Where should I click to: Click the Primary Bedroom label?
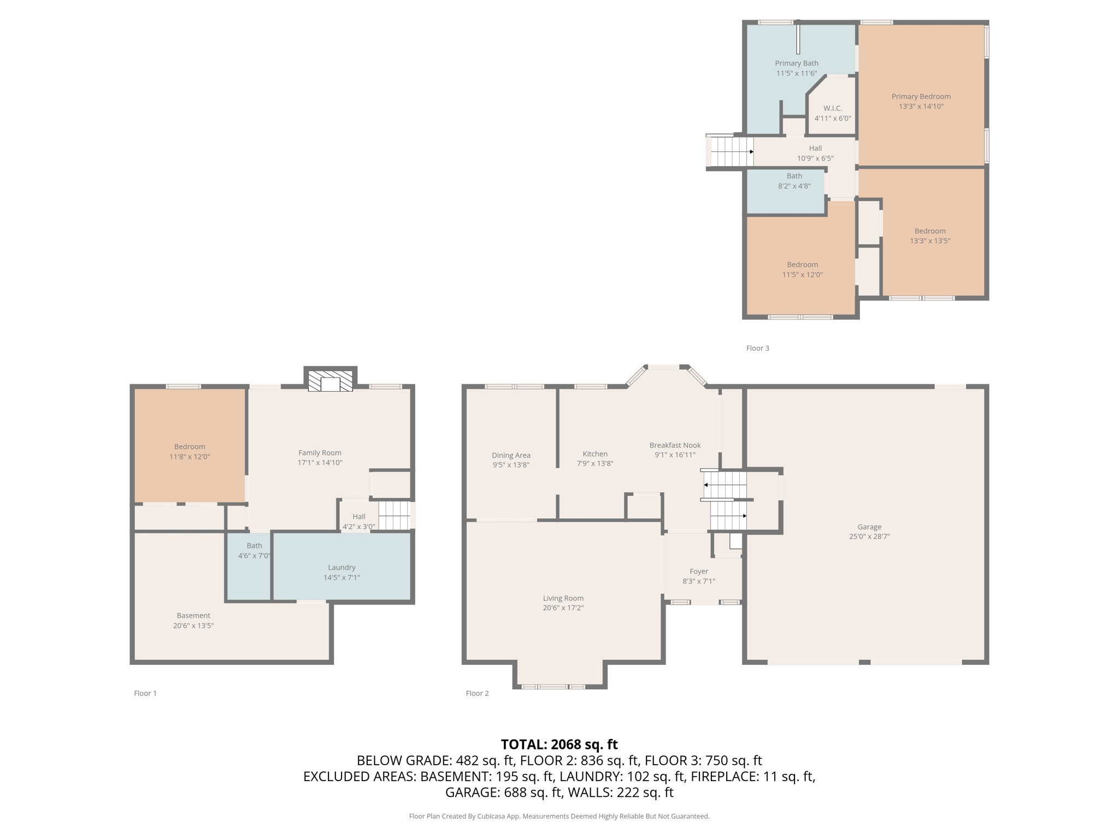[x=921, y=97]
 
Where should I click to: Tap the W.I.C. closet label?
[x=832, y=108]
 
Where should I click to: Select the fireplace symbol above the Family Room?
[x=330, y=381]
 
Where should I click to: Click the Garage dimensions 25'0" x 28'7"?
[x=869, y=536]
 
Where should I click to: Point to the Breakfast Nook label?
[x=675, y=445]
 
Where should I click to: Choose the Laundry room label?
[x=341, y=568]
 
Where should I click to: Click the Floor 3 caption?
[x=757, y=348]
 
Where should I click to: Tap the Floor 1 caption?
[x=145, y=693]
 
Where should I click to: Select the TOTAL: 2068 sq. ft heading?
[x=559, y=745]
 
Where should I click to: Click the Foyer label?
[x=698, y=571]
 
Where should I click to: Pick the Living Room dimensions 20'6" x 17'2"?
[x=563, y=608]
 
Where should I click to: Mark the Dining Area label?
[x=511, y=455]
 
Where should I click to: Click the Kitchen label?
[x=595, y=454]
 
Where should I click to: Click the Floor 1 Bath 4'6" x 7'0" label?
[x=254, y=551]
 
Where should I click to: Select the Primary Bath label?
[x=796, y=63]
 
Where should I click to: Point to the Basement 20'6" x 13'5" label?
[x=193, y=621]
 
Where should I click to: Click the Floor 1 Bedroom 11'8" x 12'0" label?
[x=190, y=452]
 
